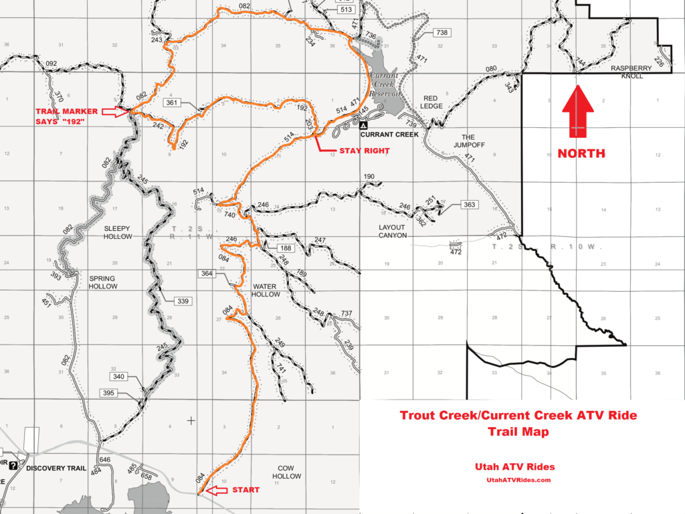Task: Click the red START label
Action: pyautogui.click(x=245, y=491)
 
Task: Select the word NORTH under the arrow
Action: pyautogui.click(x=581, y=153)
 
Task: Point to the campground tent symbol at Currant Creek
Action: pyautogui.click(x=363, y=125)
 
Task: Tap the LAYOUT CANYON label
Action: pyautogui.click(x=391, y=231)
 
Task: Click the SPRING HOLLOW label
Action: pyautogui.click(x=102, y=282)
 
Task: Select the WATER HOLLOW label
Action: pyautogui.click(x=266, y=290)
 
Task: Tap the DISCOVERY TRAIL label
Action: pyautogui.click(x=56, y=468)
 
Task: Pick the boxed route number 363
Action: pyautogui.click(x=468, y=204)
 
